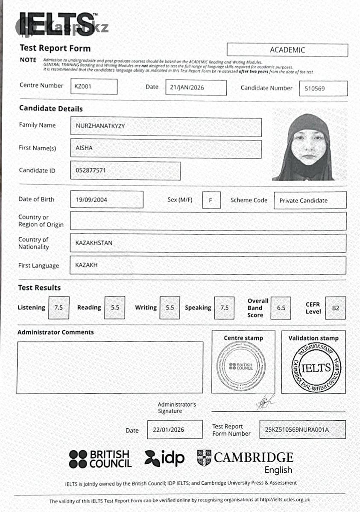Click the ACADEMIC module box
[x=287, y=50]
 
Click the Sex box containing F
[x=211, y=200]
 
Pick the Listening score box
[x=59, y=308]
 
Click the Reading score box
[x=115, y=308]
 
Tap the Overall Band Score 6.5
[x=281, y=308]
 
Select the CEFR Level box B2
[x=335, y=308]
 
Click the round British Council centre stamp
[x=241, y=366]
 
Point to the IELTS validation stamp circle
[x=316, y=367]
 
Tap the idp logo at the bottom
[x=165, y=458]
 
